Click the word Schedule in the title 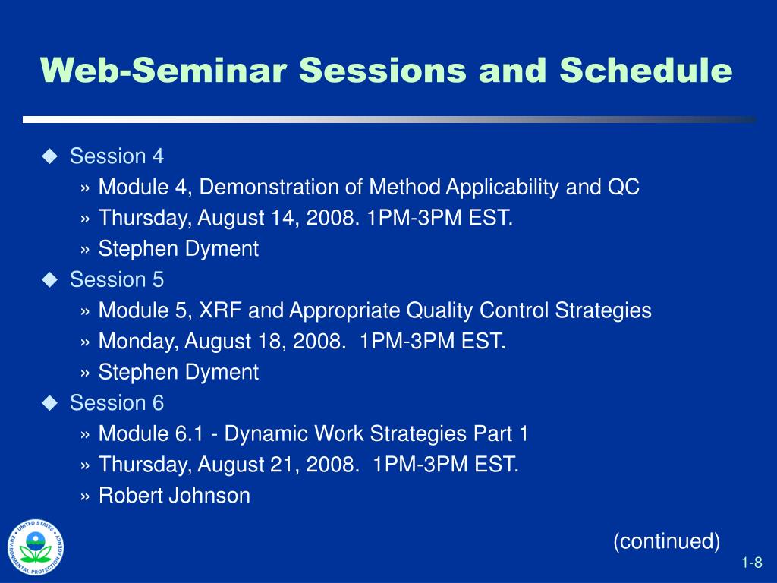point(646,70)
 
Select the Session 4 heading point(116,156)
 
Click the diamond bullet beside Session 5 point(50,279)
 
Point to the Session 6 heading point(116,402)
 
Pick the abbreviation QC point(624,187)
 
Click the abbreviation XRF point(221,310)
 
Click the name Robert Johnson point(175,496)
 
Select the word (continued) point(666,540)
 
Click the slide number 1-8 point(752,563)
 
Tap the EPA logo point(36,547)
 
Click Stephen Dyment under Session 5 point(178,373)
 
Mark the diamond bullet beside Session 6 point(50,403)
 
